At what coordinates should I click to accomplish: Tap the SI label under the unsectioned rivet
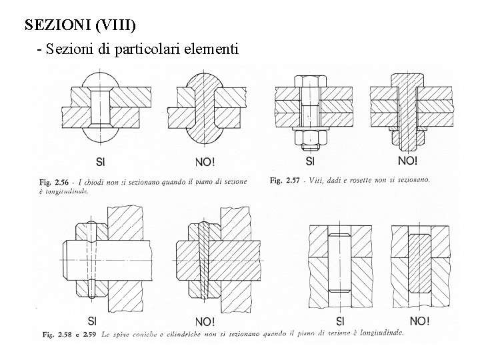[101, 160]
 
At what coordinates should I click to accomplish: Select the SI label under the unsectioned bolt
[311, 160]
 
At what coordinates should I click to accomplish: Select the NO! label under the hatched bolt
[407, 160]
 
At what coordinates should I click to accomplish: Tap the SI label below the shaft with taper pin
[91, 320]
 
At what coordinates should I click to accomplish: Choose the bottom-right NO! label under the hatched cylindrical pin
[419, 321]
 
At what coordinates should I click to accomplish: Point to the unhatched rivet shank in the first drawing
[101, 109]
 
